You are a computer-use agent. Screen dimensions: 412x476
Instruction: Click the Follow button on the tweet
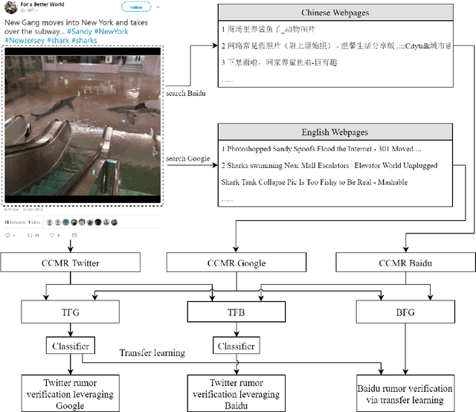(x=136, y=7)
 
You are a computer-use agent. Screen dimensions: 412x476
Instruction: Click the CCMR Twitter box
(x=71, y=263)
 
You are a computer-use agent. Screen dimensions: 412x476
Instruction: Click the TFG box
(x=71, y=312)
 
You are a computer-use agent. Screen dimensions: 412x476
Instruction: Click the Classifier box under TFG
(x=71, y=346)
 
